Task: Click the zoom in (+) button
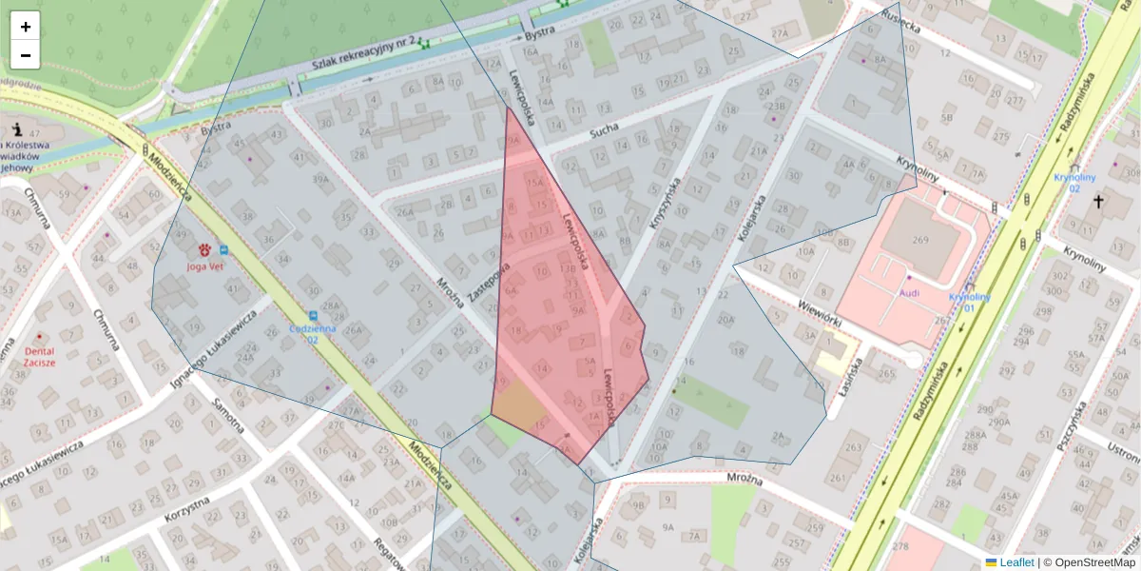point(26,27)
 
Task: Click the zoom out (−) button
point(26,55)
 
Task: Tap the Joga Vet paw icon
point(203,250)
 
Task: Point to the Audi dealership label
point(909,292)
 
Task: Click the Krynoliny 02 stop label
point(1074,183)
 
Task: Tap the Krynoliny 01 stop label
point(969,303)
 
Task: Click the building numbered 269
point(919,240)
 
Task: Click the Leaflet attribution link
point(1016,562)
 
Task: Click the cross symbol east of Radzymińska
point(1099,201)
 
